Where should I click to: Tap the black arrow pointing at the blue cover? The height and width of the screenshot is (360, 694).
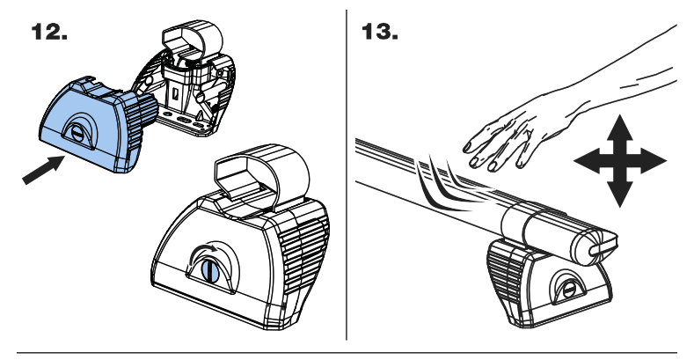pos(43,166)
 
